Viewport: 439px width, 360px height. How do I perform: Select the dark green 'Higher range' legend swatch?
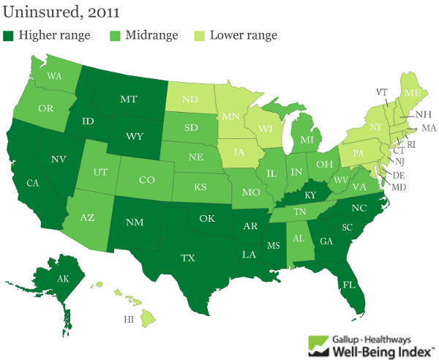[x=9, y=34]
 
